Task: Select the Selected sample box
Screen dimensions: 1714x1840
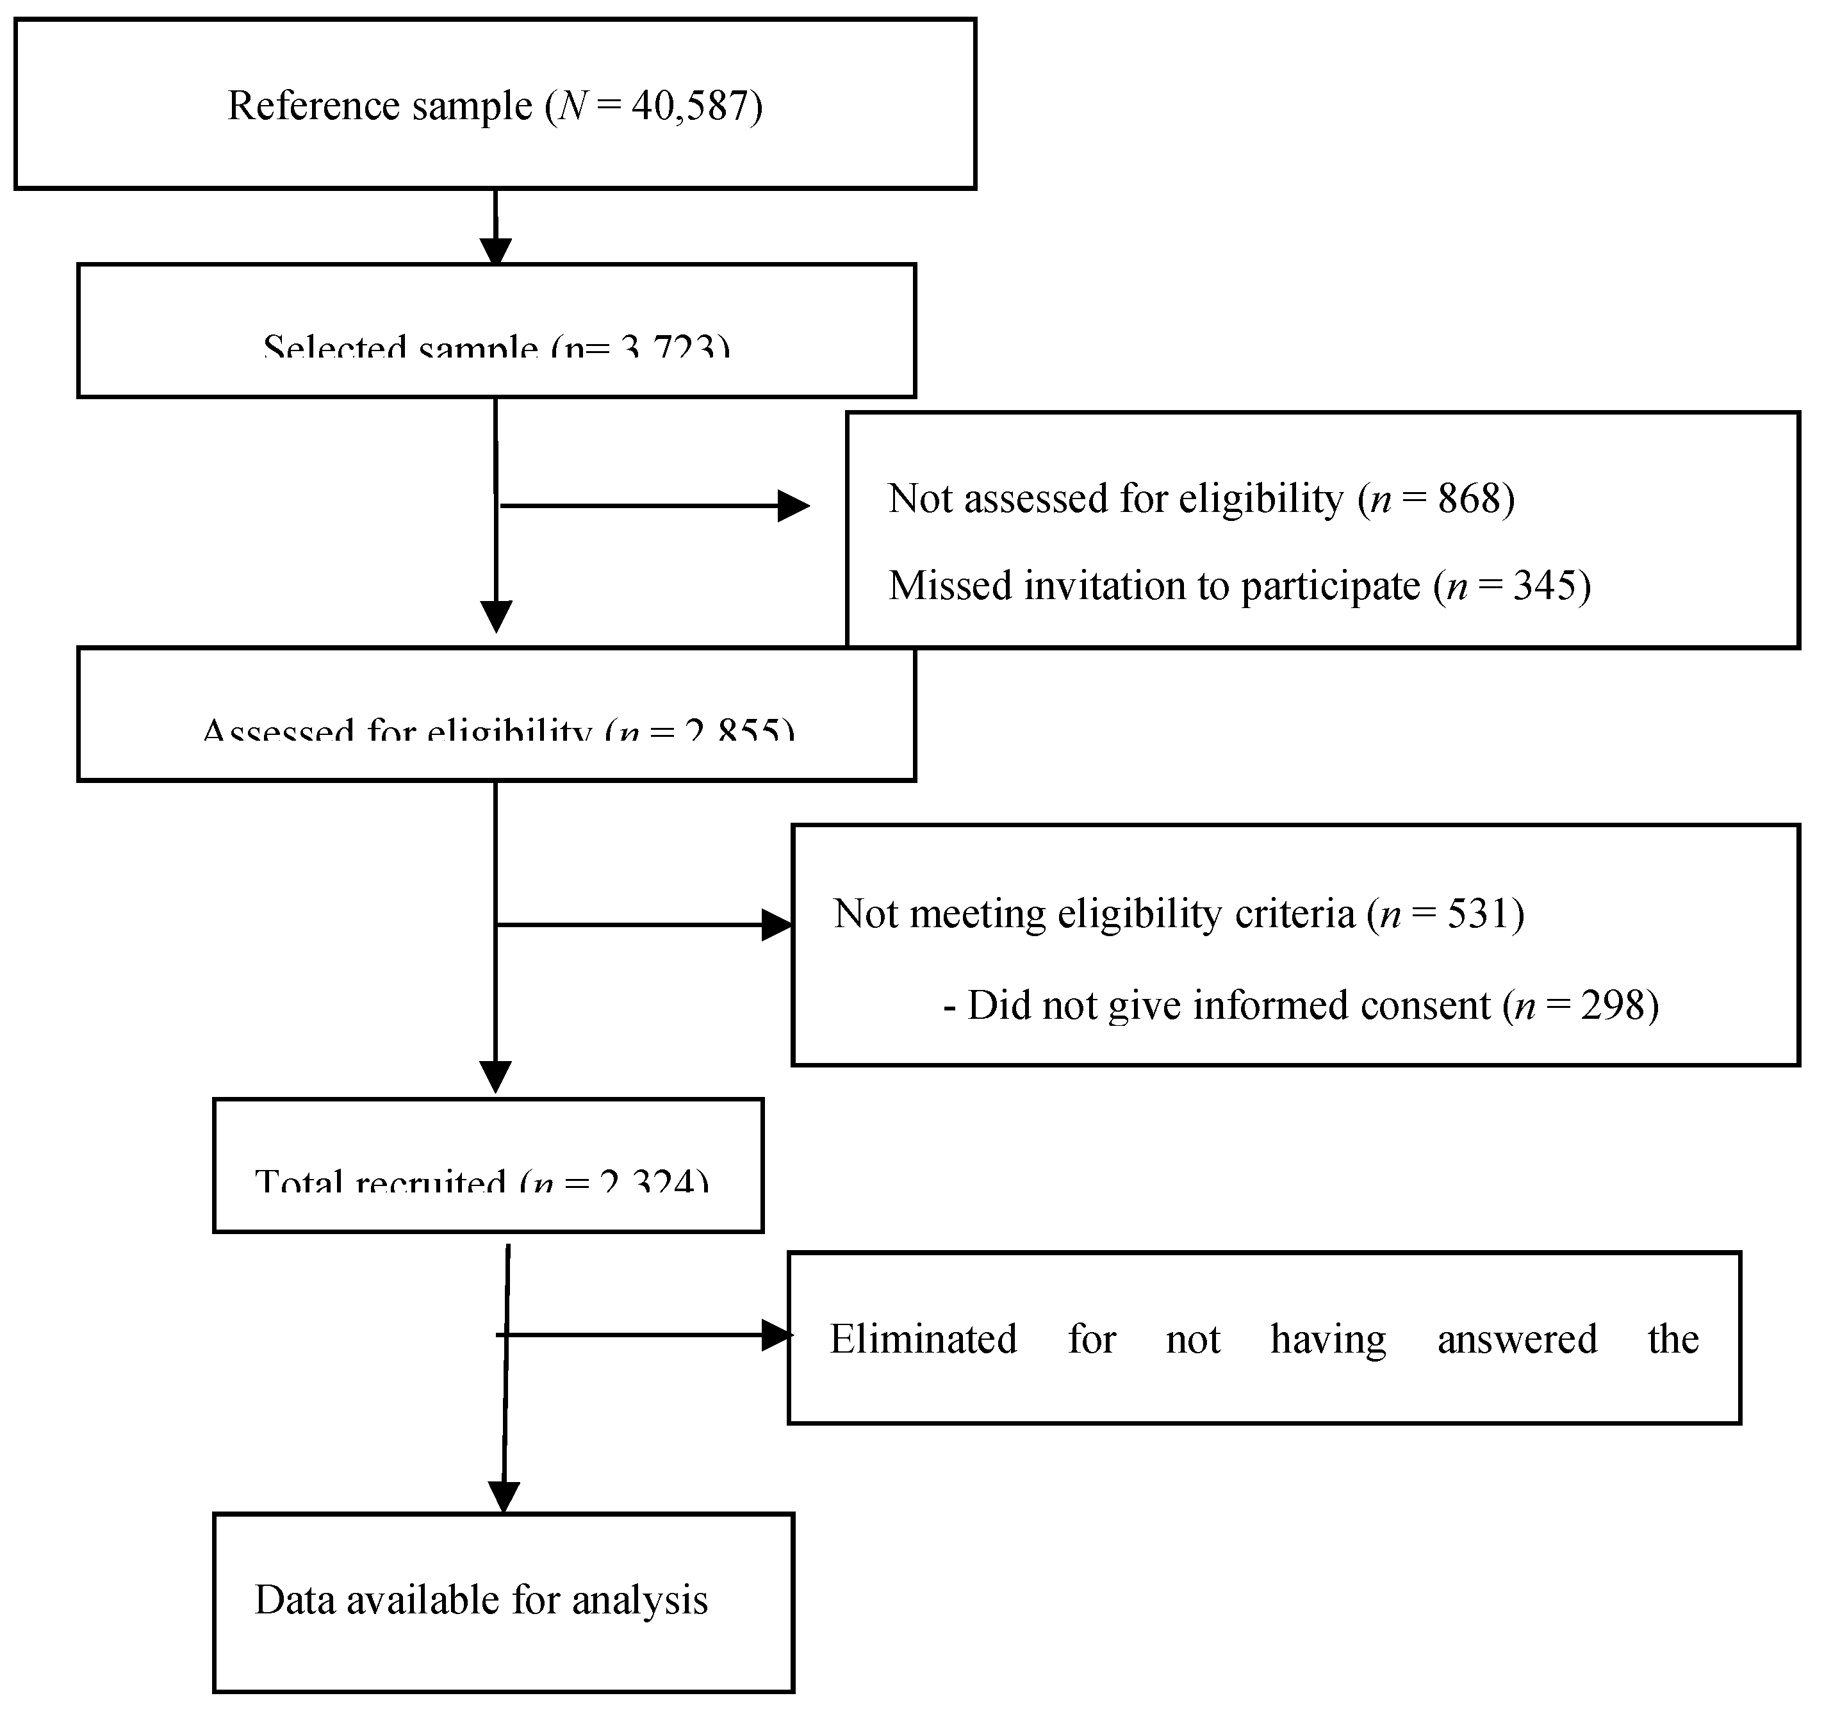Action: [496, 331]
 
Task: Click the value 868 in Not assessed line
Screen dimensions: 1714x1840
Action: [1469, 499]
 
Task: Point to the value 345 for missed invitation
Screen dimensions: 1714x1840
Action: [1545, 586]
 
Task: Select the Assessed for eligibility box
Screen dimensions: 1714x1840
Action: [496, 714]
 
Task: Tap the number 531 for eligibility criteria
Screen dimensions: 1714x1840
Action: [1478, 914]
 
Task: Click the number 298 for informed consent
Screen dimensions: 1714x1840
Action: [1613, 1005]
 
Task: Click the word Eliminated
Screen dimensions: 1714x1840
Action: [923, 1339]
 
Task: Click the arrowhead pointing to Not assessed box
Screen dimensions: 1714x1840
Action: [793, 506]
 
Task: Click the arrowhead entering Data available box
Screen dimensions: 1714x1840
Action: [504, 1497]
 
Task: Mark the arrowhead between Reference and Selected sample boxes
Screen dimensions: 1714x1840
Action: [495, 252]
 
